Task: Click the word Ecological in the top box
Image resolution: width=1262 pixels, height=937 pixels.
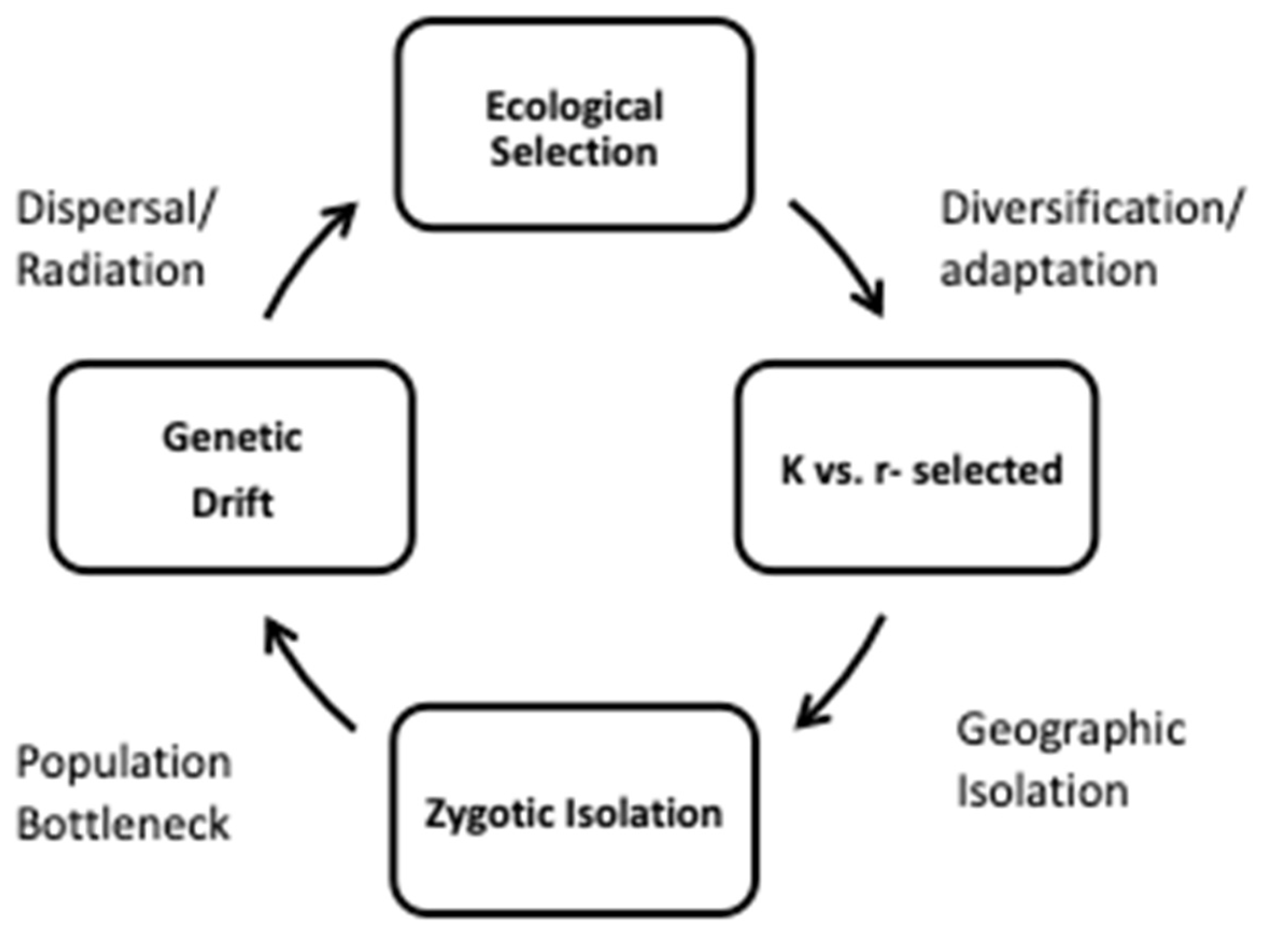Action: point(574,107)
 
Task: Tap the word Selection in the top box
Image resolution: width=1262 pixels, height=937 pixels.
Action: point(574,153)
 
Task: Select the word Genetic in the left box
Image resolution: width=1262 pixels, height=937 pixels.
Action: point(232,438)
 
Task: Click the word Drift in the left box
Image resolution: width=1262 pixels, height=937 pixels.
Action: point(232,504)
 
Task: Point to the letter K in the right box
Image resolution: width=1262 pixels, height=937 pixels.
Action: point(793,471)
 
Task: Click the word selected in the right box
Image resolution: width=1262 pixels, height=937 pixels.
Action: point(988,471)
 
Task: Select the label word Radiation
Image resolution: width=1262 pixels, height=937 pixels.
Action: point(111,271)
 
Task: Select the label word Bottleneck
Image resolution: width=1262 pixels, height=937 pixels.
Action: point(123,824)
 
